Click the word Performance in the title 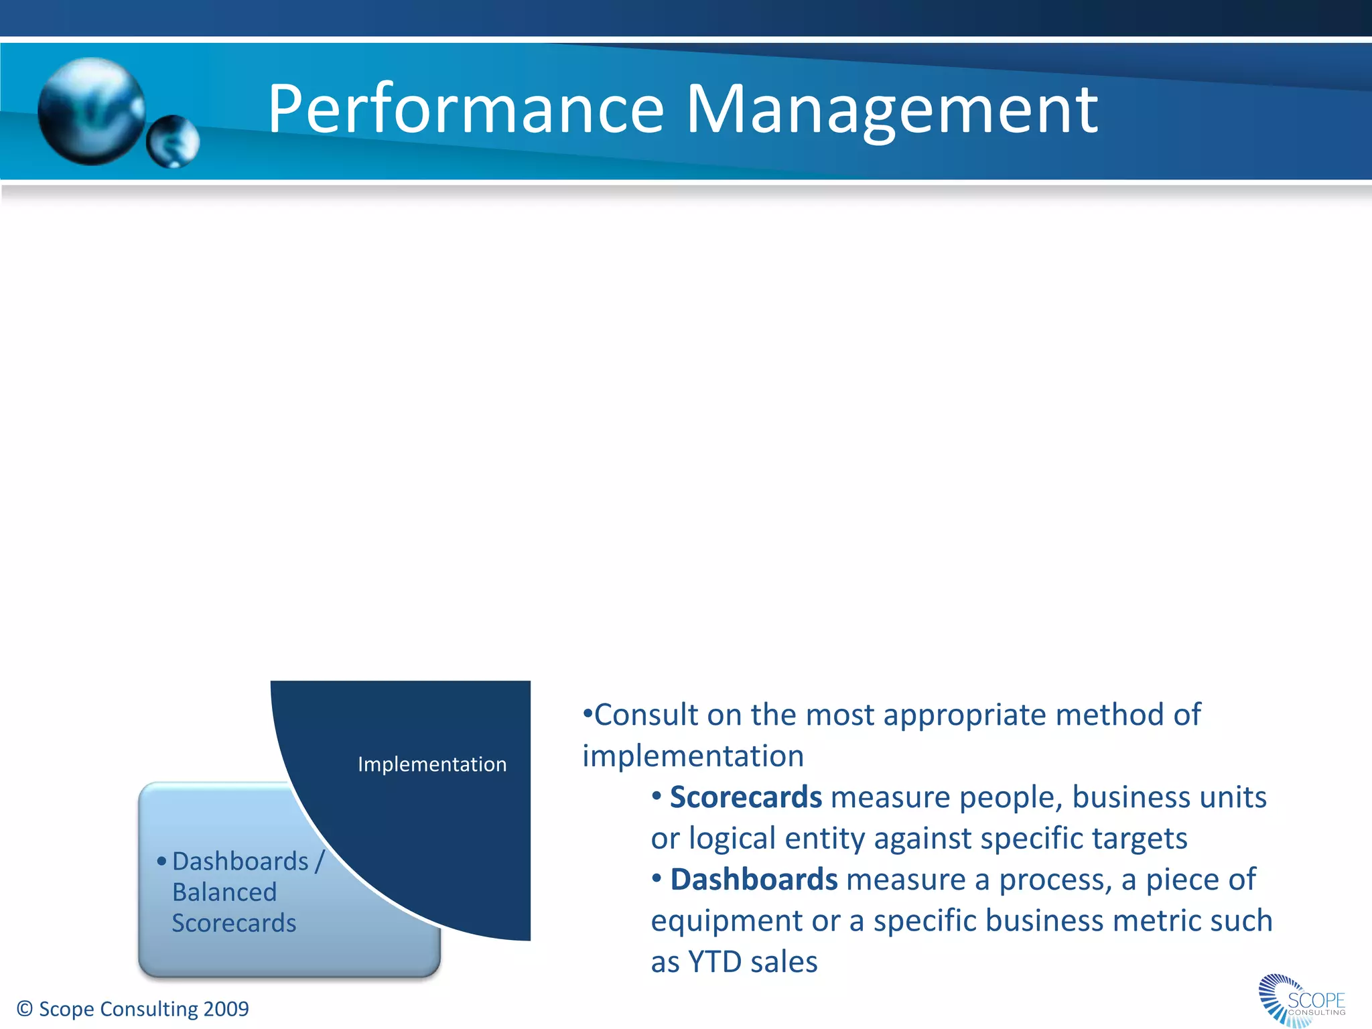(466, 109)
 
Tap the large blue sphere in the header (92, 111)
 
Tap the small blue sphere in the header (173, 141)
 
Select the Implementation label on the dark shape (432, 764)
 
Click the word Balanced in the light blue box (224, 892)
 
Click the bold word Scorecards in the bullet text (746, 797)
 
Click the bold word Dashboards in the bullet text (754, 880)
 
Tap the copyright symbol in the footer (25, 1009)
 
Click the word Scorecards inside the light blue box (234, 923)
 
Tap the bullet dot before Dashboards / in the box (161, 862)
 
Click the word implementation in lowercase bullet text (693, 756)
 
